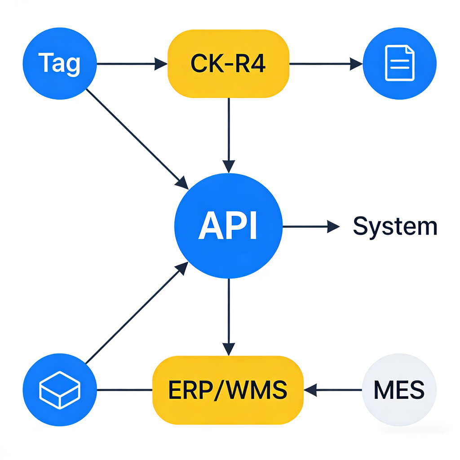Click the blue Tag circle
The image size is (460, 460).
tap(60, 63)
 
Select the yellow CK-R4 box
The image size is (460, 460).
tap(228, 63)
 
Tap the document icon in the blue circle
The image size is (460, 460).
tap(399, 63)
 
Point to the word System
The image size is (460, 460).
tap(394, 227)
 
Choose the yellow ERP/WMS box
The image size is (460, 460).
tap(228, 389)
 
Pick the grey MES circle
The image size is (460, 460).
tap(399, 389)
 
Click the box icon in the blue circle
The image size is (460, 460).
tap(60, 389)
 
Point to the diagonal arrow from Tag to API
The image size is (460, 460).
tap(135, 137)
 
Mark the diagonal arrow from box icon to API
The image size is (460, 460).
tap(135, 314)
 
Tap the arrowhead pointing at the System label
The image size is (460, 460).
tap(333, 227)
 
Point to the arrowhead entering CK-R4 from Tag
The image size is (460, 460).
tap(161, 63)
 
